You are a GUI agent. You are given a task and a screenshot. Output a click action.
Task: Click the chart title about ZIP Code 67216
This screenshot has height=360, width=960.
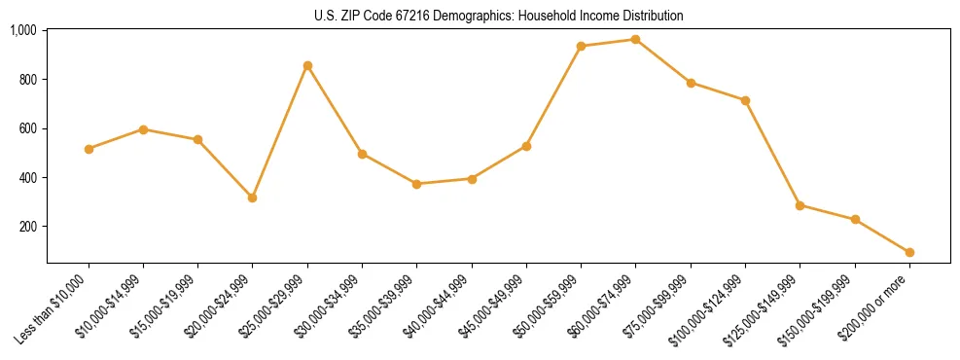tap(498, 17)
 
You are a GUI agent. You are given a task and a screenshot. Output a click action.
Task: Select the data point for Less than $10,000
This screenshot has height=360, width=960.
tap(89, 149)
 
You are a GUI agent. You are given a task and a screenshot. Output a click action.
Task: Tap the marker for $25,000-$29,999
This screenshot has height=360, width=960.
tap(307, 65)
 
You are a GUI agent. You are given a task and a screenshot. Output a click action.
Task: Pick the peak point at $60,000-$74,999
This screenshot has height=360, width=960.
tap(635, 39)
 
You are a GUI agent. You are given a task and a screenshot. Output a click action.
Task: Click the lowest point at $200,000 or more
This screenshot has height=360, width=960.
tap(909, 252)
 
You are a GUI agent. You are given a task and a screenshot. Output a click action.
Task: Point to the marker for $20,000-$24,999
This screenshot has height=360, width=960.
tap(253, 198)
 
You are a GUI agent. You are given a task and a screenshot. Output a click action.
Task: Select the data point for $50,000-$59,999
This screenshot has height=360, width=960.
tap(581, 46)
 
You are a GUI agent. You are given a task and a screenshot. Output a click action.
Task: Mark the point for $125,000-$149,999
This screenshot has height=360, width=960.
tap(800, 205)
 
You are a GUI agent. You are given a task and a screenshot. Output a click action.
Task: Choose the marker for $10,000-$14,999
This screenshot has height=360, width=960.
tap(143, 129)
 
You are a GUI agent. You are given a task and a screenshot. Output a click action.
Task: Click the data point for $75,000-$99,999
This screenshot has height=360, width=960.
tap(691, 83)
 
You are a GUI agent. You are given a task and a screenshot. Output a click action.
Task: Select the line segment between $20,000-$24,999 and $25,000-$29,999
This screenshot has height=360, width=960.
tap(280, 131)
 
